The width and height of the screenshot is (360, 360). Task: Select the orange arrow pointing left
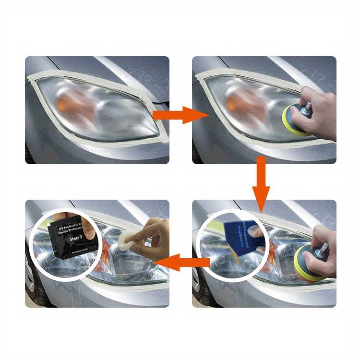[182, 263]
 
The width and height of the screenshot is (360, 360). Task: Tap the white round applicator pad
[127, 242]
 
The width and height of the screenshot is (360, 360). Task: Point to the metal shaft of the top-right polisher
[305, 106]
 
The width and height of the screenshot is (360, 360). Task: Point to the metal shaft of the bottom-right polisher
[323, 249]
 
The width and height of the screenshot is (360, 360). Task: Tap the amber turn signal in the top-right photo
[238, 103]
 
